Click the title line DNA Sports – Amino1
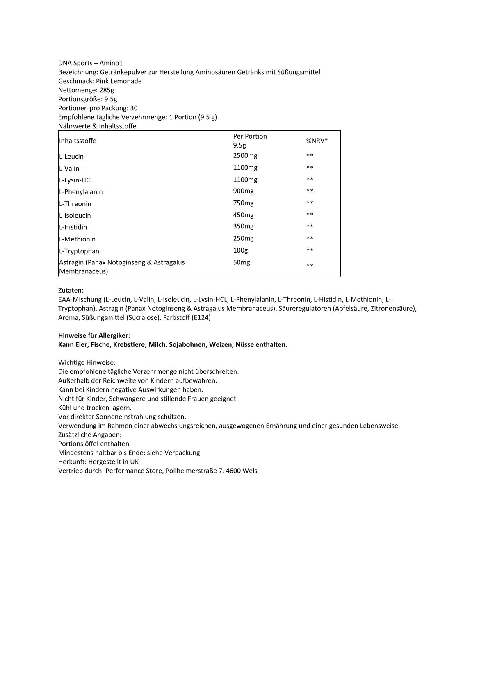coord(90,63)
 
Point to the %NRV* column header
coord(317,141)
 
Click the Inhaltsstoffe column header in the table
coord(78,141)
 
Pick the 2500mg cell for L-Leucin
coord(245,156)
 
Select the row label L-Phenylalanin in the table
coord(81,192)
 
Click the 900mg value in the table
coord(243,191)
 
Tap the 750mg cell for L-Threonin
coord(243,203)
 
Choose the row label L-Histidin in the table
coord(73,227)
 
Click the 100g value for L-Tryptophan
coord(240,250)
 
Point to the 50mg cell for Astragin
coord(241,262)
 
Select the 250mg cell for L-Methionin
coord(243,239)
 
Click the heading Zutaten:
coord(71,290)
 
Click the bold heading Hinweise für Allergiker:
coord(94,335)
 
